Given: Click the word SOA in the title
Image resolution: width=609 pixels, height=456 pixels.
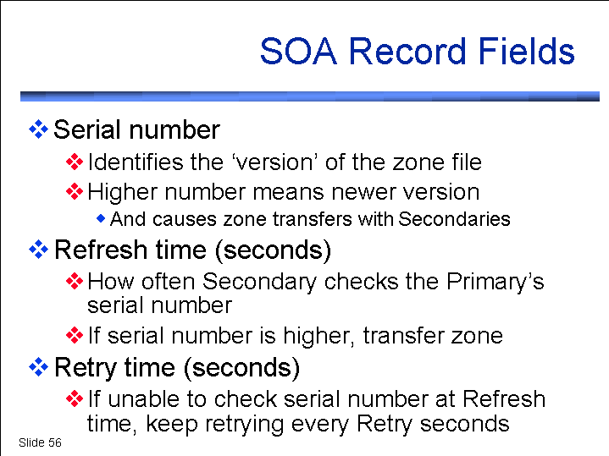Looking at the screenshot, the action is [x=298, y=52].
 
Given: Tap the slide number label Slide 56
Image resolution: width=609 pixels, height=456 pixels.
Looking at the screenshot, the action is [x=40, y=442].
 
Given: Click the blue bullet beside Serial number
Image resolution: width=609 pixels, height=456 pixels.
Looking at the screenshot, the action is [x=38, y=129].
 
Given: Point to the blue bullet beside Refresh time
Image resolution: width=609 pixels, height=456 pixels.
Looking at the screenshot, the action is [x=38, y=250].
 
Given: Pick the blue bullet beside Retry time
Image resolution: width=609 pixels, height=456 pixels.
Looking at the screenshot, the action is [x=38, y=367].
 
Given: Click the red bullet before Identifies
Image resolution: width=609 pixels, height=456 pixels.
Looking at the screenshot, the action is [x=75, y=162].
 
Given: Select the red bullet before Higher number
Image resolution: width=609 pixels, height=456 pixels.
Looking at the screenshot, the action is [x=75, y=192].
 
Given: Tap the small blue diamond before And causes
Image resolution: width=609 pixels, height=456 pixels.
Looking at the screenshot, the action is [x=101, y=218].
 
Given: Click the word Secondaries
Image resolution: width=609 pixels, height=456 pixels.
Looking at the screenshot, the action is [x=454, y=219].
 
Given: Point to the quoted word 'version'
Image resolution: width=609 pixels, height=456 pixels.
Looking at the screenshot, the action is [x=275, y=162].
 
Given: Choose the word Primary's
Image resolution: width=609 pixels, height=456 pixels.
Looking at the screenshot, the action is [x=496, y=283].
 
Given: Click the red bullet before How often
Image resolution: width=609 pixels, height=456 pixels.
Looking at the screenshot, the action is [x=75, y=282].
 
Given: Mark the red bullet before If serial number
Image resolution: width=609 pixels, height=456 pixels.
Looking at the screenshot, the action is [x=75, y=335].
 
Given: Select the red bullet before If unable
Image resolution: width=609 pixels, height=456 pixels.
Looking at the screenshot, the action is [x=75, y=399].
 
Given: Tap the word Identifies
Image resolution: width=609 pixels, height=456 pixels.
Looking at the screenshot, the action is [x=136, y=162].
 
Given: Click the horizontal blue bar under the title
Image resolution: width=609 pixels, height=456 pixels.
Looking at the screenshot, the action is [x=310, y=96].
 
